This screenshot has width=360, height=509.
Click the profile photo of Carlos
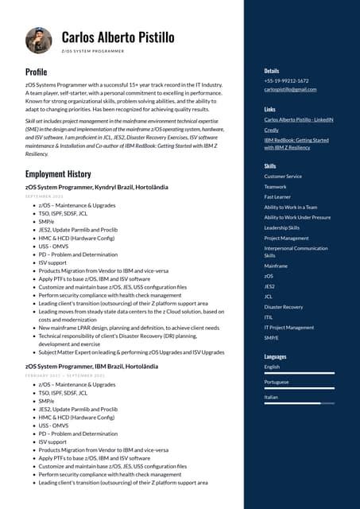38,41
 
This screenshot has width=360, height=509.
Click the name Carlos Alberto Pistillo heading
118,37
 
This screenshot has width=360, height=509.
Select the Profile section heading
36,72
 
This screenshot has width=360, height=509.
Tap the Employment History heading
58,173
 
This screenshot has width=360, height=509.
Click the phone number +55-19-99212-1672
286,80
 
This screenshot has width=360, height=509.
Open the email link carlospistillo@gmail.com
290,89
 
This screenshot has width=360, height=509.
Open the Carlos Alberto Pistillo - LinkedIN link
298,119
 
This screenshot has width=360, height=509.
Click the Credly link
271,130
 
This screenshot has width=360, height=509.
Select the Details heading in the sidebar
272,71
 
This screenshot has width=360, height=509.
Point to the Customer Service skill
283,176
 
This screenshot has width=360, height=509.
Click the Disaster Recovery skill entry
283,306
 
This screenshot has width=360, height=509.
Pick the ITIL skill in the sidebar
269,317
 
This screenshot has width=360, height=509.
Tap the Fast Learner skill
277,196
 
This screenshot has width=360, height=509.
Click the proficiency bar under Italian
299,403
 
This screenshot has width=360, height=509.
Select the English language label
272,367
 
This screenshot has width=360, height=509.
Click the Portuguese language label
277,382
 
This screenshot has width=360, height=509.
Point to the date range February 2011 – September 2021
65,375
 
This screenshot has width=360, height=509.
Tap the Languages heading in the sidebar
275,357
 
